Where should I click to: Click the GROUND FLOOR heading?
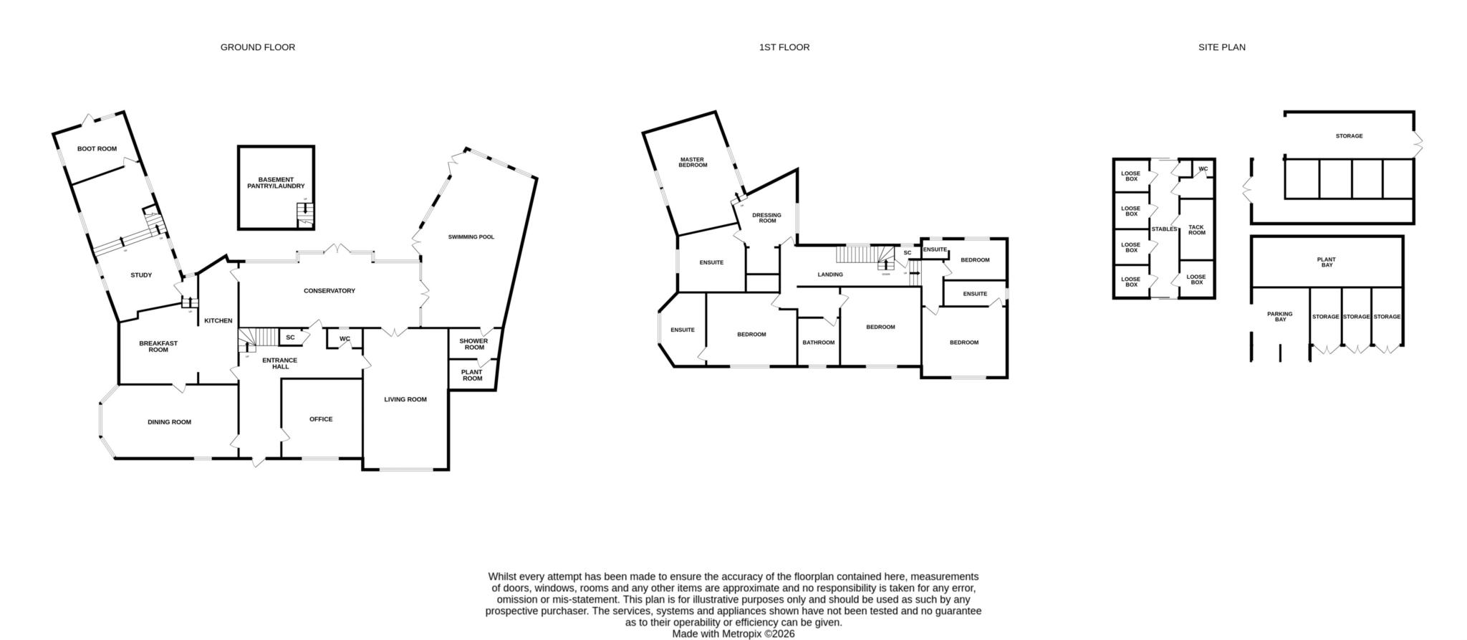[x=257, y=47]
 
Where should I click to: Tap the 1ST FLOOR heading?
[x=784, y=47]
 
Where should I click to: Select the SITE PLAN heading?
[x=1222, y=47]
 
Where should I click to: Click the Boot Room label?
[x=97, y=149]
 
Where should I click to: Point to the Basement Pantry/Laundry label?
[x=276, y=183]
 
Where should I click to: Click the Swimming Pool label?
[x=471, y=237]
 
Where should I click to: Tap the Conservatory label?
[x=330, y=291]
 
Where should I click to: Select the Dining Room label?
[x=170, y=422]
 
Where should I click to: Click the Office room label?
[x=321, y=419]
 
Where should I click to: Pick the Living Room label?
[x=405, y=400]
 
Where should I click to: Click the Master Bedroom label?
[x=693, y=163]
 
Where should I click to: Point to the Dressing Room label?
[x=767, y=218]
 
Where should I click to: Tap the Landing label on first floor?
[x=830, y=274]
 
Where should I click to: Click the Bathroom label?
[x=818, y=343]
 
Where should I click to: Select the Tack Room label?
[x=1197, y=230]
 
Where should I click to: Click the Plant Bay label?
[x=1327, y=262]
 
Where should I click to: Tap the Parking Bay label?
[x=1280, y=316]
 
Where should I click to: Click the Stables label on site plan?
[x=1164, y=229]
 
